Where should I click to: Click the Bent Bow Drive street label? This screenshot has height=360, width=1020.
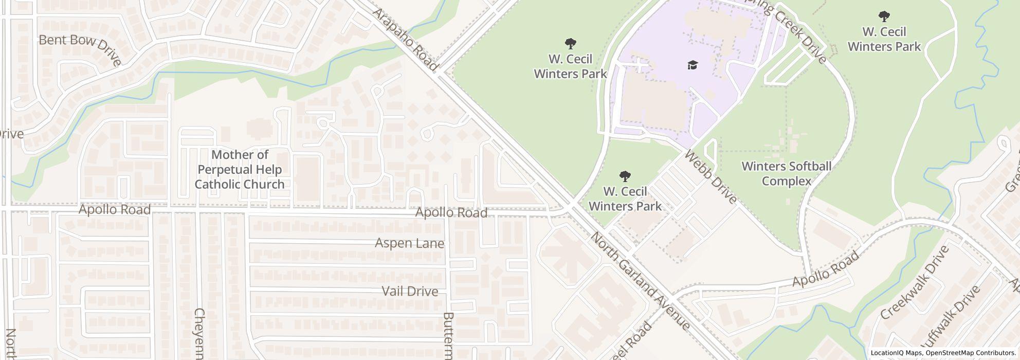click(x=80, y=49)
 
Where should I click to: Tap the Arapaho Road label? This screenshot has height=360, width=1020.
click(x=406, y=39)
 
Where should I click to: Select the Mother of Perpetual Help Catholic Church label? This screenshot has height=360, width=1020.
click(x=240, y=169)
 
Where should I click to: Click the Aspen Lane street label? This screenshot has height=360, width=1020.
click(x=409, y=243)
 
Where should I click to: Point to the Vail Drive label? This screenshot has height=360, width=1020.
click(x=410, y=292)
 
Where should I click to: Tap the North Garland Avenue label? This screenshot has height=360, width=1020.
click(x=640, y=281)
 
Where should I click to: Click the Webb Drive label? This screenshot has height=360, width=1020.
click(x=711, y=177)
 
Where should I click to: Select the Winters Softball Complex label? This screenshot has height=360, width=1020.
click(x=786, y=174)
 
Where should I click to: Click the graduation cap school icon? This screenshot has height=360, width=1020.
click(x=693, y=65)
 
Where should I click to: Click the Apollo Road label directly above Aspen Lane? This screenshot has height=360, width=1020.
click(x=451, y=212)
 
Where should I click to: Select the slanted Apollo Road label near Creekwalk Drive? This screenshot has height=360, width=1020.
click(x=826, y=269)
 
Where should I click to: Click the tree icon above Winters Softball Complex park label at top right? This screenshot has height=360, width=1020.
click(x=884, y=16)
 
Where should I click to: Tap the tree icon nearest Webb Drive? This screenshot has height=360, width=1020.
click(x=625, y=177)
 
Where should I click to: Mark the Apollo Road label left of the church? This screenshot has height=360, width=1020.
click(x=114, y=210)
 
